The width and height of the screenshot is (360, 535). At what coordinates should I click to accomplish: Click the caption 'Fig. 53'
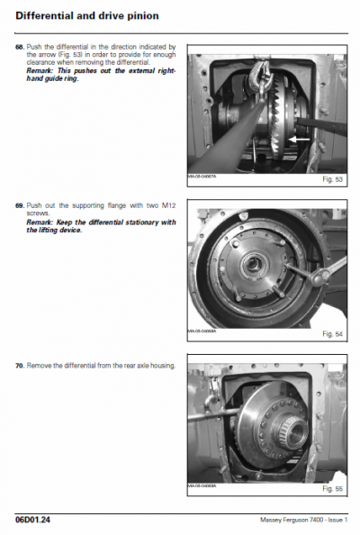332,180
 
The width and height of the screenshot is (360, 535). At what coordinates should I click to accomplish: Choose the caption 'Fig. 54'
332,334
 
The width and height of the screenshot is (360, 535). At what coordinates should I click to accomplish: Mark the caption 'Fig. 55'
332,489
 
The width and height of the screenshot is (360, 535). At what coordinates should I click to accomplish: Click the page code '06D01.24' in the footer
32,520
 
